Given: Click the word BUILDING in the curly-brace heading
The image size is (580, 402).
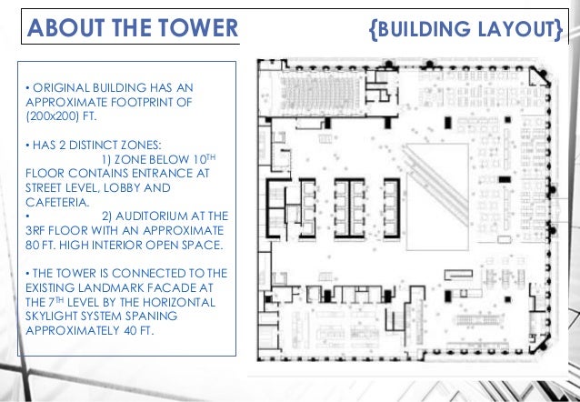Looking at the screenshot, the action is point(424,29).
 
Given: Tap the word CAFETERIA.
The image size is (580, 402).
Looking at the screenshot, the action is point(57,202).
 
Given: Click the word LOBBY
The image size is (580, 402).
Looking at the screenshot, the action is point(120,187).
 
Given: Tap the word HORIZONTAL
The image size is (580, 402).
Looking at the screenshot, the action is point(179,302).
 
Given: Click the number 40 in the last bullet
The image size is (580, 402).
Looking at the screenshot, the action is point(130,330).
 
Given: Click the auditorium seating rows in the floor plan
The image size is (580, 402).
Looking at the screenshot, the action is point(320,91).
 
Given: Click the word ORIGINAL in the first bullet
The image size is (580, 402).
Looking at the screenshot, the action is point(61,87).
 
